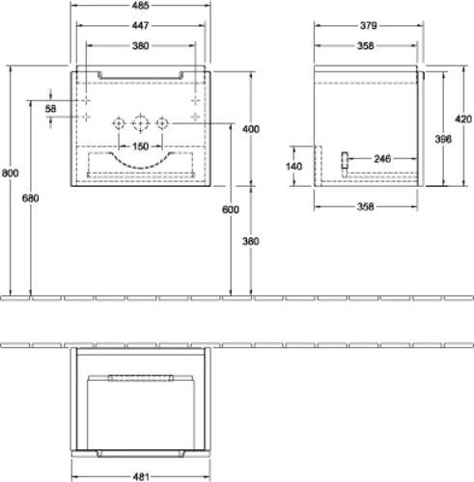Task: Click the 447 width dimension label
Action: click(x=140, y=26)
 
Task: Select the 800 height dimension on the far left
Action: click(x=11, y=174)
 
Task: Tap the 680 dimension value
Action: click(x=31, y=199)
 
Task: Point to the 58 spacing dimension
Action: click(x=50, y=109)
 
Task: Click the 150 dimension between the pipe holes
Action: click(x=141, y=147)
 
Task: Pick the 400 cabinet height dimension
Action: click(x=251, y=129)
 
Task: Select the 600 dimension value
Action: click(x=231, y=210)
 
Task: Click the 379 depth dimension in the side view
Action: click(x=369, y=26)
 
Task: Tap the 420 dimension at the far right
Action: click(x=463, y=120)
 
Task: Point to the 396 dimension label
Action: click(x=443, y=139)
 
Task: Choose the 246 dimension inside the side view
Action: click(x=382, y=159)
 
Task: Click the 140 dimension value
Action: click(x=294, y=167)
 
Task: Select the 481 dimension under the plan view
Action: click(x=141, y=477)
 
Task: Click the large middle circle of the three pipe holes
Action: click(x=141, y=116)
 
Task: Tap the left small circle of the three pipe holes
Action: click(x=119, y=119)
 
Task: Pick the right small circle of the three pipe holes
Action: click(x=162, y=119)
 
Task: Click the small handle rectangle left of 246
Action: click(x=345, y=160)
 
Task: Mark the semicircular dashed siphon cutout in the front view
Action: click(x=141, y=168)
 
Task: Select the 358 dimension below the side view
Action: click(x=366, y=207)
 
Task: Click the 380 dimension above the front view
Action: click(x=141, y=46)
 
